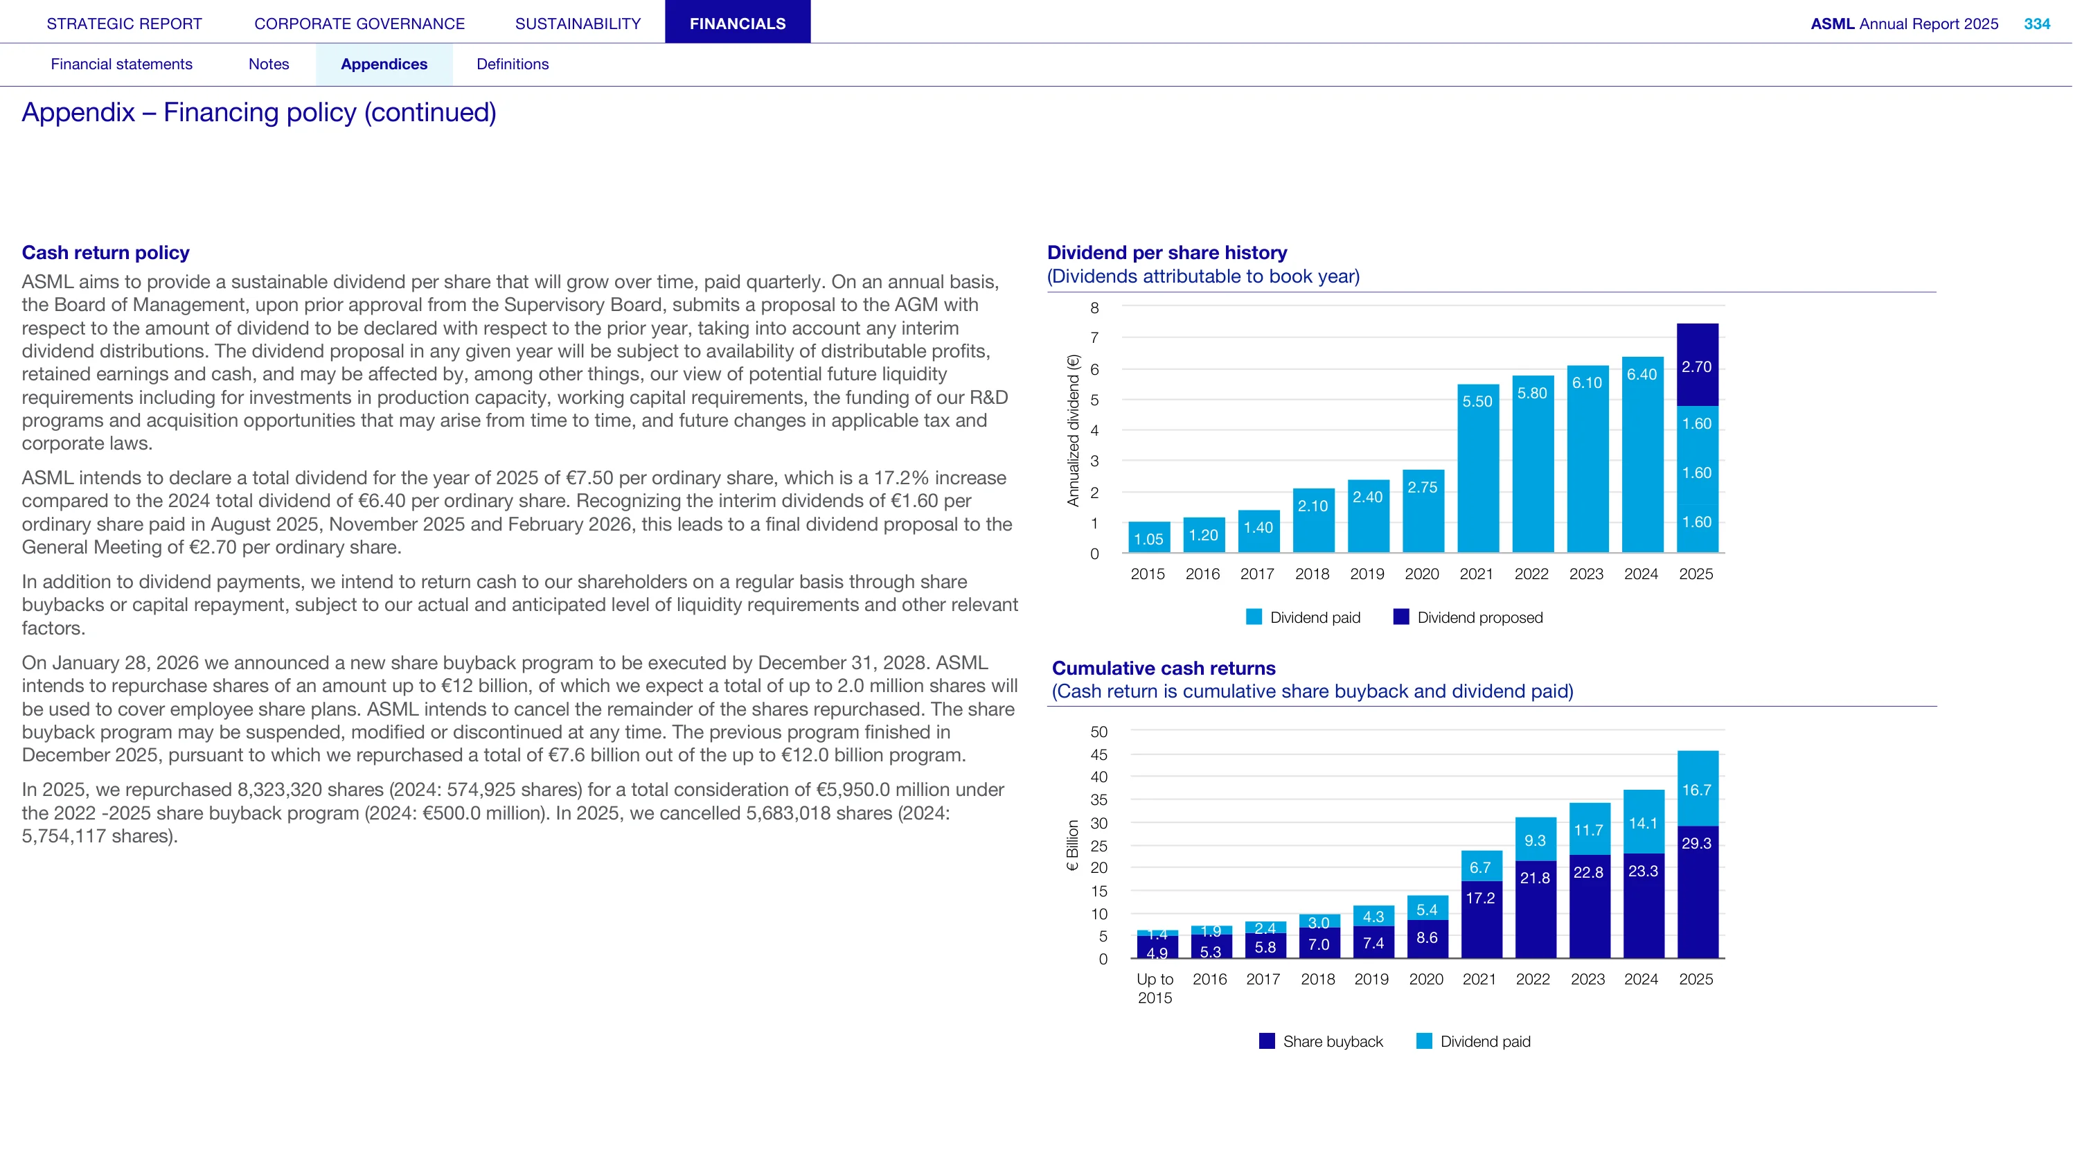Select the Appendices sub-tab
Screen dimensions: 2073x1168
[384, 64]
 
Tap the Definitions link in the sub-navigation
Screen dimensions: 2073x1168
[513, 64]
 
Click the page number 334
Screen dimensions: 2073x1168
[2037, 24]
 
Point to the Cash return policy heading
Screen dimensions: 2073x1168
[105, 253]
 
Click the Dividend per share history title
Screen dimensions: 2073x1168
[1167, 253]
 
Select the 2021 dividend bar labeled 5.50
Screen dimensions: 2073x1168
[1478, 468]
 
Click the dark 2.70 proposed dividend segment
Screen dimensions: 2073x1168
[1697, 364]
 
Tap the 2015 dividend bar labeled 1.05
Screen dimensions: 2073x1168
[1149, 537]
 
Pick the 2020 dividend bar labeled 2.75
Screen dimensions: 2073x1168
[1423, 511]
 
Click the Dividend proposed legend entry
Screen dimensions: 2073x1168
[1468, 617]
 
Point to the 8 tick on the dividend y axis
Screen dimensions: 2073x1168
[1094, 308]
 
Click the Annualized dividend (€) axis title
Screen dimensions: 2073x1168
[1073, 431]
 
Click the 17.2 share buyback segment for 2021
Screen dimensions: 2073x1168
[1482, 919]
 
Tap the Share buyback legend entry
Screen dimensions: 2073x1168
[1321, 1042]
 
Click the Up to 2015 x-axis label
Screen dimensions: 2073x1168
[1155, 989]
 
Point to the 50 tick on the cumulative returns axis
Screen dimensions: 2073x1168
[1099, 732]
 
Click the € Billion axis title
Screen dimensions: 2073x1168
[1072, 845]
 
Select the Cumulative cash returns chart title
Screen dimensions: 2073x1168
[1164, 668]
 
